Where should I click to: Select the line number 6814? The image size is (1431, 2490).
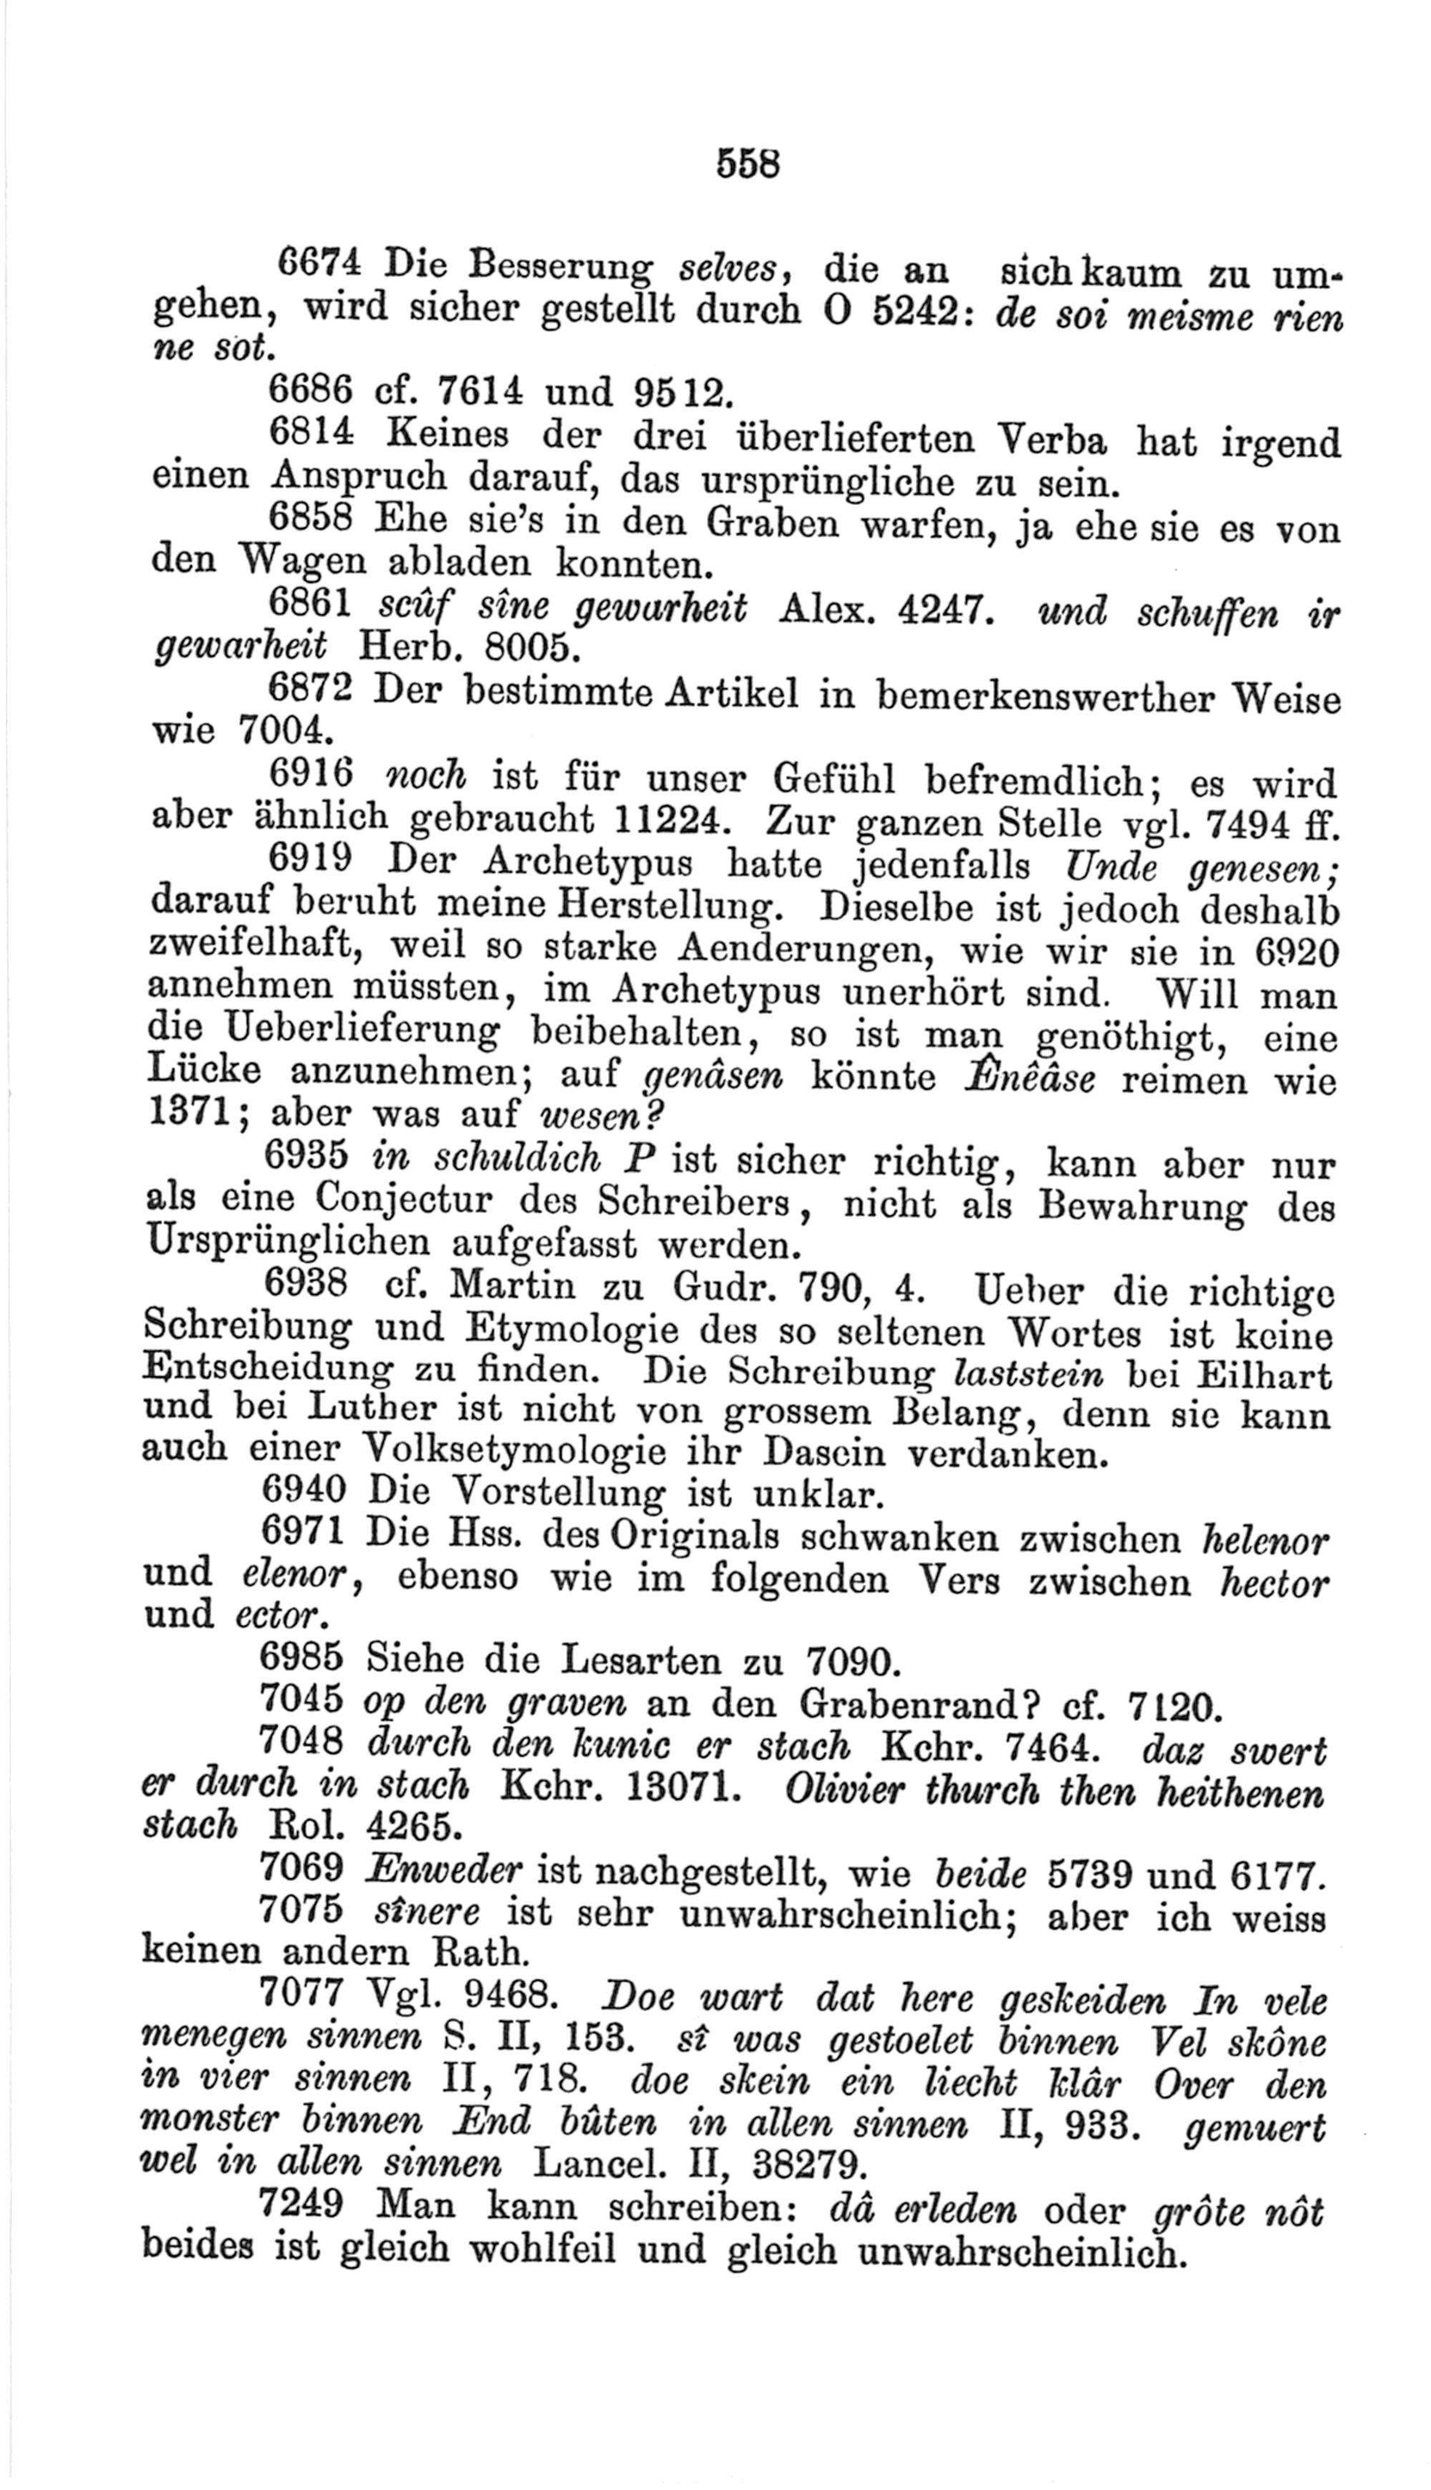(318, 432)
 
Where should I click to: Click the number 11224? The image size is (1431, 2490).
(679, 819)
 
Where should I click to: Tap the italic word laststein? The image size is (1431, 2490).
(1032, 1373)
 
